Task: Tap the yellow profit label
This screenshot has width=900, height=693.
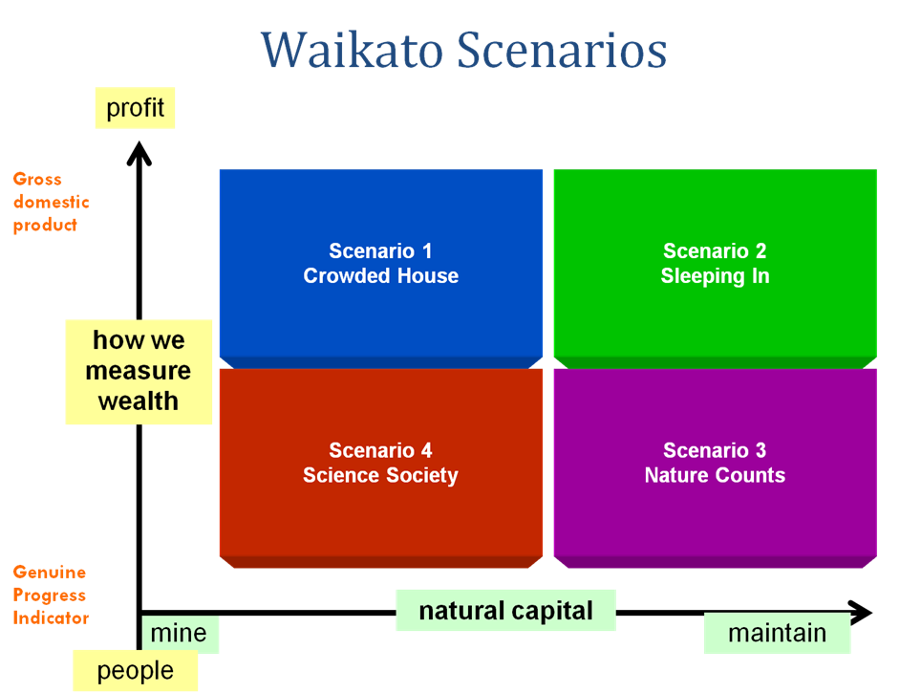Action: [135, 108]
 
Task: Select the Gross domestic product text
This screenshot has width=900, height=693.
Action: [51, 202]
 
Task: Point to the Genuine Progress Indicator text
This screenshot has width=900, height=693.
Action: [51, 595]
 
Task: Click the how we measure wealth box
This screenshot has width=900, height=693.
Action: [139, 371]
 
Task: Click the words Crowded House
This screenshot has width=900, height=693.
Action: [380, 276]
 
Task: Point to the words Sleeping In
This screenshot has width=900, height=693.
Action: [715, 276]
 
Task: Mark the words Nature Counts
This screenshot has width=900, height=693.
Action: [715, 475]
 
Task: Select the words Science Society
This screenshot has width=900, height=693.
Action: [380, 475]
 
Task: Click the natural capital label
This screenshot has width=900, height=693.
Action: [505, 611]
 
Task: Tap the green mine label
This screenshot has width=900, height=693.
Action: [180, 634]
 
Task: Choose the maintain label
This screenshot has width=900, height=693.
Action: [777, 633]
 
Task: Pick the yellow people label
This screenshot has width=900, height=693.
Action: [135, 671]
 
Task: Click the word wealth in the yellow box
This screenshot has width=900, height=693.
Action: [139, 401]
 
